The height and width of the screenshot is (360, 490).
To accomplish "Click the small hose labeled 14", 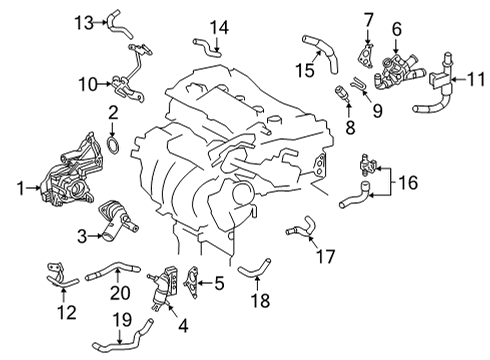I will pyautogui.click(x=205, y=43).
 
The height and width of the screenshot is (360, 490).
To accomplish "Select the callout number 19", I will pyautogui.click(x=120, y=320).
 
